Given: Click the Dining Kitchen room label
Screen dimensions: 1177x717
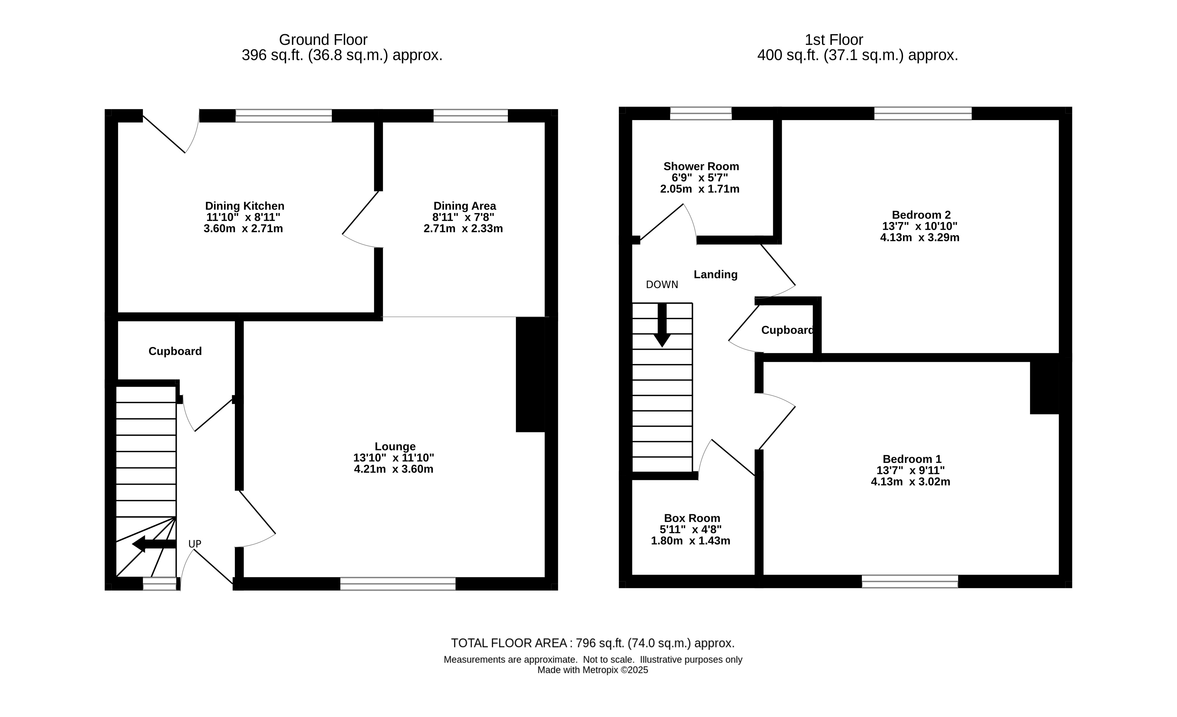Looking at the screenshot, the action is pyautogui.click(x=245, y=206).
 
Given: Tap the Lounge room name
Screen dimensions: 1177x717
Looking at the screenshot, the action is pyautogui.click(x=395, y=446).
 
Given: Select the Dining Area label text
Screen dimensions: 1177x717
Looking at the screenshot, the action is pyautogui.click(x=464, y=206).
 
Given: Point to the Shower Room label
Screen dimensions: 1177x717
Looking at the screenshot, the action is pyautogui.click(x=701, y=166).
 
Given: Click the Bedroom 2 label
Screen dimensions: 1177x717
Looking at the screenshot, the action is pyautogui.click(x=921, y=215).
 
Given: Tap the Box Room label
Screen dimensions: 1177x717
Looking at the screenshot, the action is pyautogui.click(x=692, y=518).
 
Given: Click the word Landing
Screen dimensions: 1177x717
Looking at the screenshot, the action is pyautogui.click(x=715, y=274).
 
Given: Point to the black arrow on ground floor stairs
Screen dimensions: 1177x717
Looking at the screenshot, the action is pyautogui.click(x=154, y=544).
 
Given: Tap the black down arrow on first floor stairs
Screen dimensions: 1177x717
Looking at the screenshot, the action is pyautogui.click(x=662, y=325).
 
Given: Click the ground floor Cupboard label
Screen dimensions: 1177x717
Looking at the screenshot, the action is pyautogui.click(x=175, y=351).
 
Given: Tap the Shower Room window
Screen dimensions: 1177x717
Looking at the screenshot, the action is pyautogui.click(x=701, y=113).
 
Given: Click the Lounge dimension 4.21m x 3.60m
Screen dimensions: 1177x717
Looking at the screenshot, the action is pyautogui.click(x=394, y=469).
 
